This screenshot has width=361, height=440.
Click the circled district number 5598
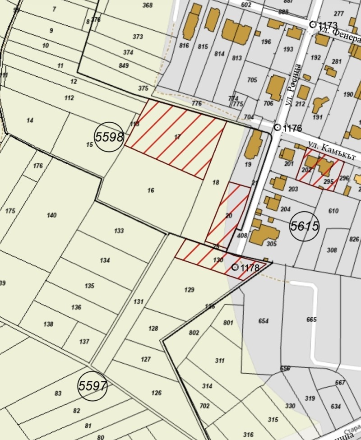[109, 137]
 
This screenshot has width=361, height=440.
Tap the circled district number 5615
[305, 226]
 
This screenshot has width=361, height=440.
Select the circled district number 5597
[92, 386]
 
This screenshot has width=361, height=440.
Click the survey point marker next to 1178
[235, 267]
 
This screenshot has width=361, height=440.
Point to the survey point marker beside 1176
[277, 128]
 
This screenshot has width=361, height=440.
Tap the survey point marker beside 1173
[312, 24]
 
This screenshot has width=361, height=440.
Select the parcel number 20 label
[229, 216]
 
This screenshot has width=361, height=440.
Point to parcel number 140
[52, 215]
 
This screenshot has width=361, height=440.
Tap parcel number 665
[311, 320]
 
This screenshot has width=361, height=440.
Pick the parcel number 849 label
[124, 65]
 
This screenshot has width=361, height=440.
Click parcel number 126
[156, 393]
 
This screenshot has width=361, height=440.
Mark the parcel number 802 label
[194, 333]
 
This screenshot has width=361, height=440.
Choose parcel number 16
[151, 190]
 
